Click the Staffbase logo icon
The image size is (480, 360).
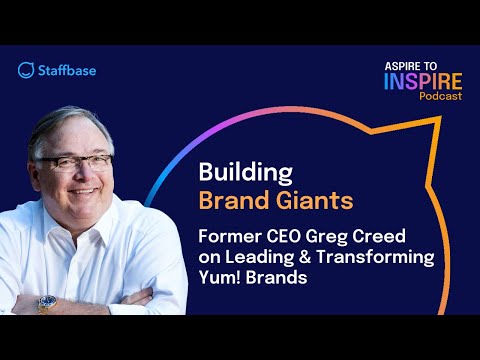[x=26, y=70]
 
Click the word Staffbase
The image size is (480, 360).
[x=64, y=70]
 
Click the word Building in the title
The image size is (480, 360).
[x=236, y=173]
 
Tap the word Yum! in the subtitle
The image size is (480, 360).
[x=220, y=278]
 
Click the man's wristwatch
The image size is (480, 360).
[x=47, y=302]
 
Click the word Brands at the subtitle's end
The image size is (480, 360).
[x=274, y=278]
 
